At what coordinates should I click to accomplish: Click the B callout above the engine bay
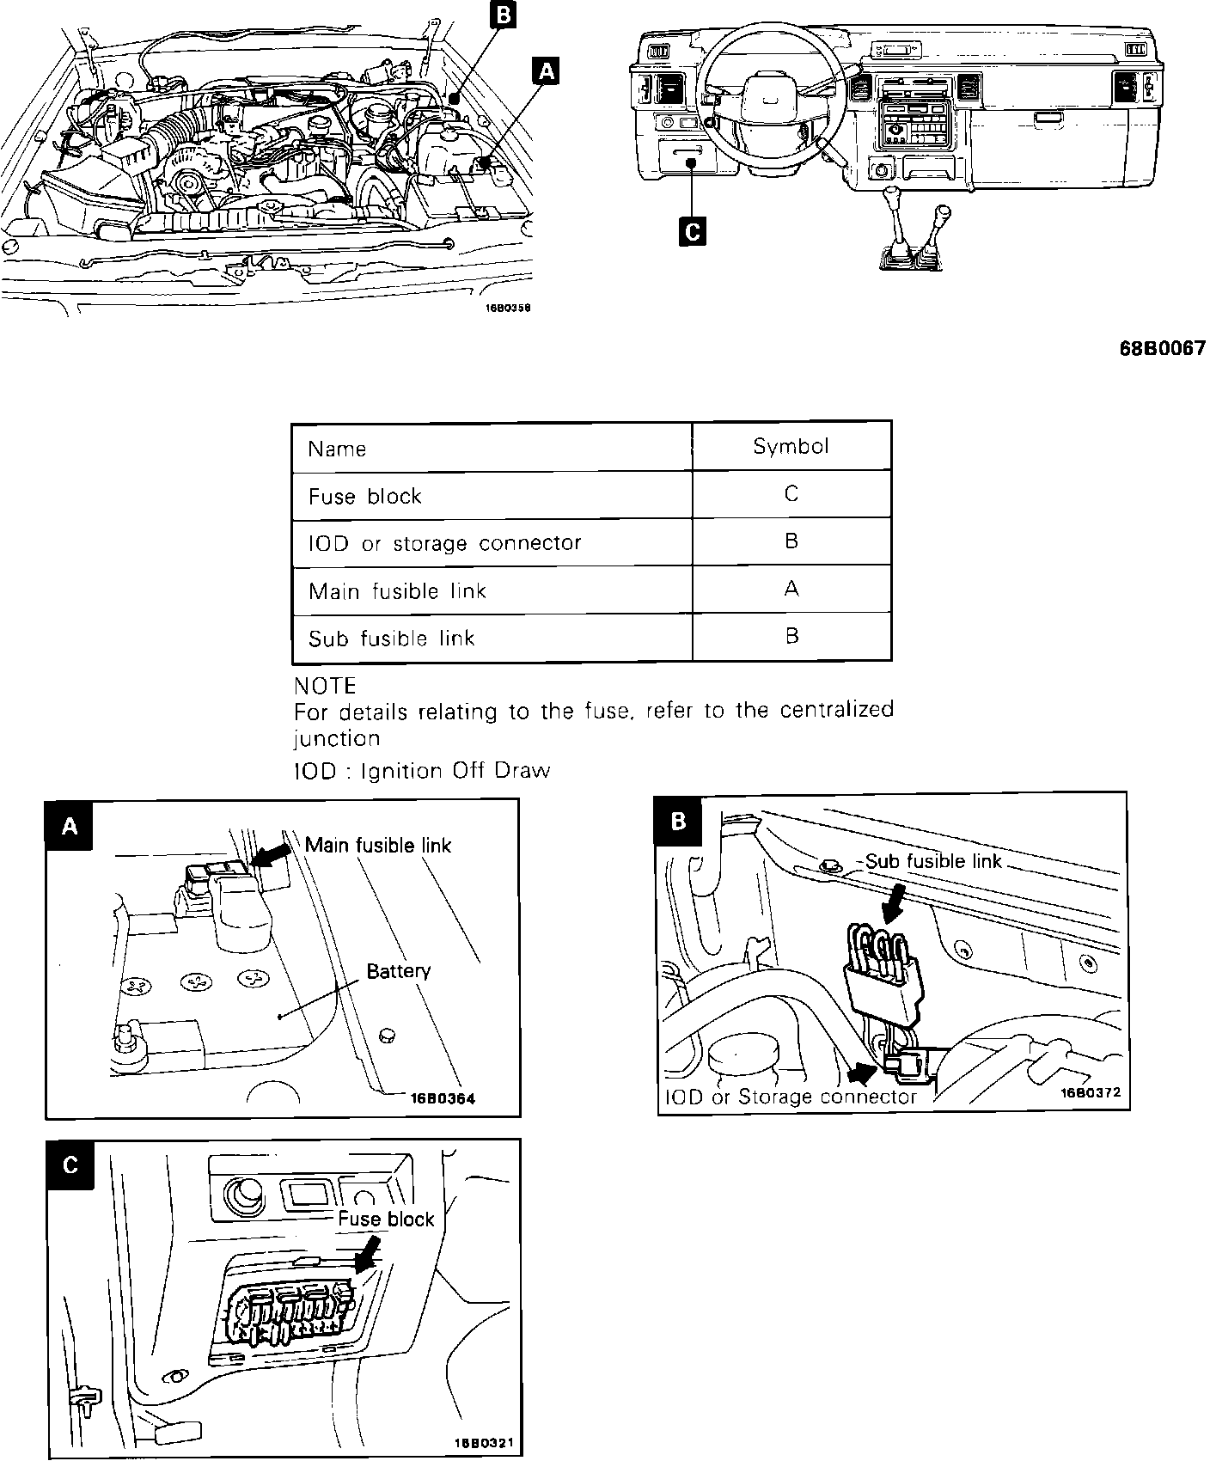502,15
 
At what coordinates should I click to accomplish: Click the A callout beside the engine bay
545,70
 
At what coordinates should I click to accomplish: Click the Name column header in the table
337,449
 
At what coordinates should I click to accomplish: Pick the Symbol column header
791,446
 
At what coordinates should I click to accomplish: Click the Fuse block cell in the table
365,497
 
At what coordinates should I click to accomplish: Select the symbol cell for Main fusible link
791,589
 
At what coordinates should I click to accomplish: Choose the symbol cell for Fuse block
791,494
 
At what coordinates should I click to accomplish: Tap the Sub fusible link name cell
391,638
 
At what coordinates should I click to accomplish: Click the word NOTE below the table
325,686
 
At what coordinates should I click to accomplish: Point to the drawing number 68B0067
1162,349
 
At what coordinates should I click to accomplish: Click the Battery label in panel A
398,971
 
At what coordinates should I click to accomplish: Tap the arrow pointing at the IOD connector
863,1073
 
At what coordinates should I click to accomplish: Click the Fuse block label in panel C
386,1219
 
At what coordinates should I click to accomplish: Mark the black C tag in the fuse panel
70,1165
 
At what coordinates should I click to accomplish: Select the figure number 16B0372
1091,1093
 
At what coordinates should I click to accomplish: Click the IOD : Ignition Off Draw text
421,771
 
